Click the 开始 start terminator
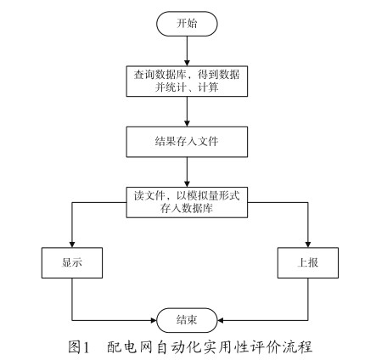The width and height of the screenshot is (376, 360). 187,24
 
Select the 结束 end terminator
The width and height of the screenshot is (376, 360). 187,320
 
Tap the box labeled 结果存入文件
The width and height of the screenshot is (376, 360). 187,142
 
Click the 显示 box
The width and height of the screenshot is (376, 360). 72,263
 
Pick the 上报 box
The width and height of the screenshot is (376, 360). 308,263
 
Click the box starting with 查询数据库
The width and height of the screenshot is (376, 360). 187,82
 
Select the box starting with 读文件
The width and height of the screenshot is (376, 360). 187,202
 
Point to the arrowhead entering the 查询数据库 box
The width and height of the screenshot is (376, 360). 187,63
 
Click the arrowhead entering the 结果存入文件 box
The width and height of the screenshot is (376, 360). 187,124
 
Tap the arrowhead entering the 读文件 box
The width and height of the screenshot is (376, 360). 187,184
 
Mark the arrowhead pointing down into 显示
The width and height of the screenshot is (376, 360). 72,245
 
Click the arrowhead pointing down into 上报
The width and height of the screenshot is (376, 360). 308,245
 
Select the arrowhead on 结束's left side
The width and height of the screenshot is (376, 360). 154,320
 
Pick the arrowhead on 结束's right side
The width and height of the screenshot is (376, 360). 221,320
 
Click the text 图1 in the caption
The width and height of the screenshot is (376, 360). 79,346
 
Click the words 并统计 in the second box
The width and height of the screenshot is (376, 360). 171,87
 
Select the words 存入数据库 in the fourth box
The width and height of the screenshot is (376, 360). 187,209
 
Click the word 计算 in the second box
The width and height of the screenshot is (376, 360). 208,87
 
